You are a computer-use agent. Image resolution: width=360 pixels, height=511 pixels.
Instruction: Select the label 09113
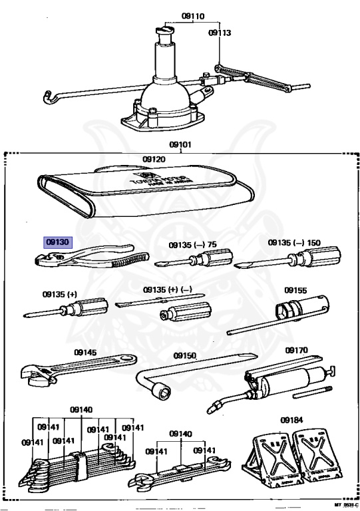tap(219, 31)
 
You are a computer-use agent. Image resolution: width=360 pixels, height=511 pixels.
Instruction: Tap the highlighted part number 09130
tap(57, 243)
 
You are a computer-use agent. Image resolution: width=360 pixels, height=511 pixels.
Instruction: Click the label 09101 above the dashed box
tap(180, 144)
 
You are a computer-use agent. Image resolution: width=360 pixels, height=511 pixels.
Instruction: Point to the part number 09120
tap(154, 159)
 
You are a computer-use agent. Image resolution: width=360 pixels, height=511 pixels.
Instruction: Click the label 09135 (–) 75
tap(192, 244)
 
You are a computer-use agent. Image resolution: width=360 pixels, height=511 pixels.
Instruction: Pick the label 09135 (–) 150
tap(294, 243)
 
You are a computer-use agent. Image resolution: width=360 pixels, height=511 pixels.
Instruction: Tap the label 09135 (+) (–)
tap(168, 290)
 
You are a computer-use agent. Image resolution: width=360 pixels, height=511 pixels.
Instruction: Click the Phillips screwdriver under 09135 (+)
tap(67, 308)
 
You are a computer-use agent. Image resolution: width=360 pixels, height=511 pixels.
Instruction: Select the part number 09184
tap(291, 420)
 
